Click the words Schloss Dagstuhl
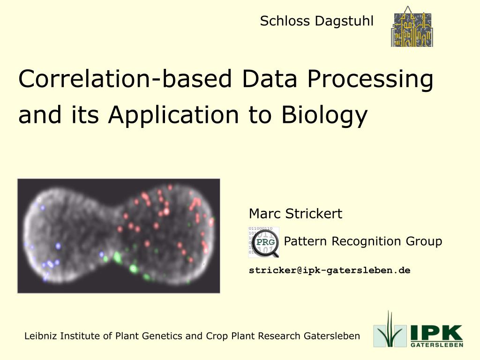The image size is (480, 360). tap(316, 21)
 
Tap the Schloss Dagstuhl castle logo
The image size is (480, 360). tap(412, 27)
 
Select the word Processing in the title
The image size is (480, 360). tap(370, 80)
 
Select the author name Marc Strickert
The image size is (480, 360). tap(295, 214)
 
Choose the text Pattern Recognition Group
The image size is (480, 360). tap(363, 241)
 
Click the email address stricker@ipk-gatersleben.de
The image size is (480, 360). tap(330, 270)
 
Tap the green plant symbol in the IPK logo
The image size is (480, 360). tap(389, 330)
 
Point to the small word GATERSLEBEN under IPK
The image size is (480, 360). tap(437, 345)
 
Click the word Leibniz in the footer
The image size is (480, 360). tap(38, 336)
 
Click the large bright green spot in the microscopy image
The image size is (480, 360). tap(117, 256)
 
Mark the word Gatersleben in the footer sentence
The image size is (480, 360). tap(332, 336)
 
